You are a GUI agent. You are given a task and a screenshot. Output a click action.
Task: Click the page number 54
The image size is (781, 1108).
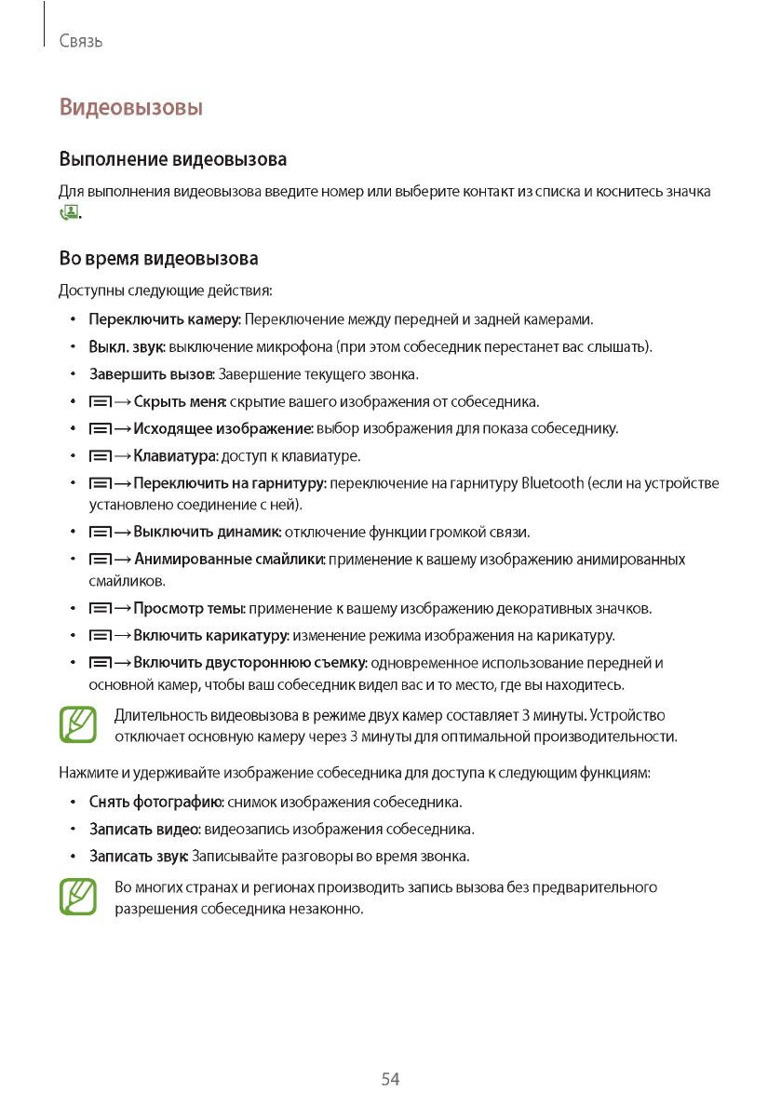coord(390,1079)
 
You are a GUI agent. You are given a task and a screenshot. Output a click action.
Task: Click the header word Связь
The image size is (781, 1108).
coord(80,42)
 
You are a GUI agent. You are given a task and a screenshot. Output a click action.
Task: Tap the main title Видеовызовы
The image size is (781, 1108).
coord(131,107)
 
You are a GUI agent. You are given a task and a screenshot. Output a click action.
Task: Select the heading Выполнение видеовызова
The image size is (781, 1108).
coord(172,159)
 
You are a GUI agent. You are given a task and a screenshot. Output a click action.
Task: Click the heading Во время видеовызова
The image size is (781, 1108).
coord(158,258)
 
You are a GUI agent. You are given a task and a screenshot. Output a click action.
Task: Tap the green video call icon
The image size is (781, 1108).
coord(69,213)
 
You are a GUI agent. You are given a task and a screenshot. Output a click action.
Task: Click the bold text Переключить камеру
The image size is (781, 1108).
coord(165,320)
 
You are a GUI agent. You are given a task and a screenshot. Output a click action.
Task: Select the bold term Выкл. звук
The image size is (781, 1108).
coord(127,347)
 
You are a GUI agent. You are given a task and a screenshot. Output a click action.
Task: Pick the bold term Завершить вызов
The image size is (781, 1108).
coord(152,374)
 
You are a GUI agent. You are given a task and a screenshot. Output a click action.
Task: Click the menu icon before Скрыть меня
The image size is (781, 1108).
coord(99,402)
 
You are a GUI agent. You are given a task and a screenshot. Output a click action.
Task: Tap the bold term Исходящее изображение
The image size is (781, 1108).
coord(222,429)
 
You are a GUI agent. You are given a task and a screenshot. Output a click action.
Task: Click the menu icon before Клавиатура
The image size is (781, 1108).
coord(99,456)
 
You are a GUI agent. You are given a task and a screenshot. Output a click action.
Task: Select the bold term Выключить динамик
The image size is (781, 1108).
coord(207,533)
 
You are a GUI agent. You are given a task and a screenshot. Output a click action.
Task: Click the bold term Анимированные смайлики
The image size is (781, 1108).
coord(229,560)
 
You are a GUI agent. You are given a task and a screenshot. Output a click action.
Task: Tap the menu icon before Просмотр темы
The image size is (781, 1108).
coord(99,609)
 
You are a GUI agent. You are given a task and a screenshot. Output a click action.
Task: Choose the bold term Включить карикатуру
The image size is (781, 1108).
coord(211,636)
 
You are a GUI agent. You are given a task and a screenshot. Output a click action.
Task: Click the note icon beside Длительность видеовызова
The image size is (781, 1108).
coord(78,725)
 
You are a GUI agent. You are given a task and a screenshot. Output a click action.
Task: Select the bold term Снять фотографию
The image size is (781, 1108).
coord(155,802)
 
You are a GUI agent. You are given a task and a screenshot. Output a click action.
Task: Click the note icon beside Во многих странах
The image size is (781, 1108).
coord(78,897)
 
